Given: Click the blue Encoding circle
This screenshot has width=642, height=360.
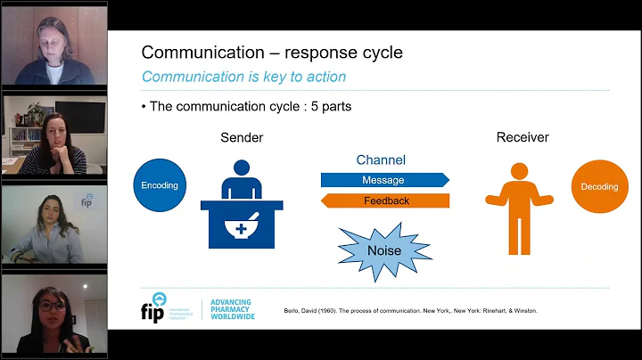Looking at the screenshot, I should (160, 185).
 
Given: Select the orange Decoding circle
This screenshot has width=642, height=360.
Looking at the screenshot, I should (593, 187).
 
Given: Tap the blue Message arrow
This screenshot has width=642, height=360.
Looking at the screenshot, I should (383, 180).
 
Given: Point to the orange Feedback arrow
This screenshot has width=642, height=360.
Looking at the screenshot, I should (385, 200).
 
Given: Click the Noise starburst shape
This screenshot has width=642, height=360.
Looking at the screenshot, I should (384, 250).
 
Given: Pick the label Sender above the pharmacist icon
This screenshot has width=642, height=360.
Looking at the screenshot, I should (242, 138).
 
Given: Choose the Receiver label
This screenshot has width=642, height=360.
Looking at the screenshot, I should (523, 138).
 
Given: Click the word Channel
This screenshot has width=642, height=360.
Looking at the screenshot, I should (381, 160).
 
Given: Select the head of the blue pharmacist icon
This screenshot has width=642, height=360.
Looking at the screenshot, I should (241, 169).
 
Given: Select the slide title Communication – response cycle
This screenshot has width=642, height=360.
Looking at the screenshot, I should (272, 53).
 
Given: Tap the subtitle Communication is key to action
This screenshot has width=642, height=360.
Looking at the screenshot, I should (243, 77).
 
